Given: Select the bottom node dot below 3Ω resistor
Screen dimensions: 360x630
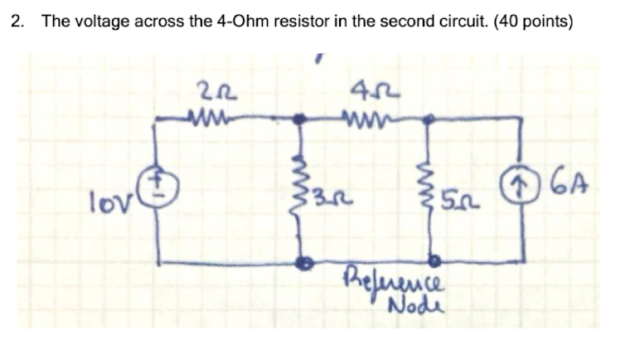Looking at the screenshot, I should click(306, 262).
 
